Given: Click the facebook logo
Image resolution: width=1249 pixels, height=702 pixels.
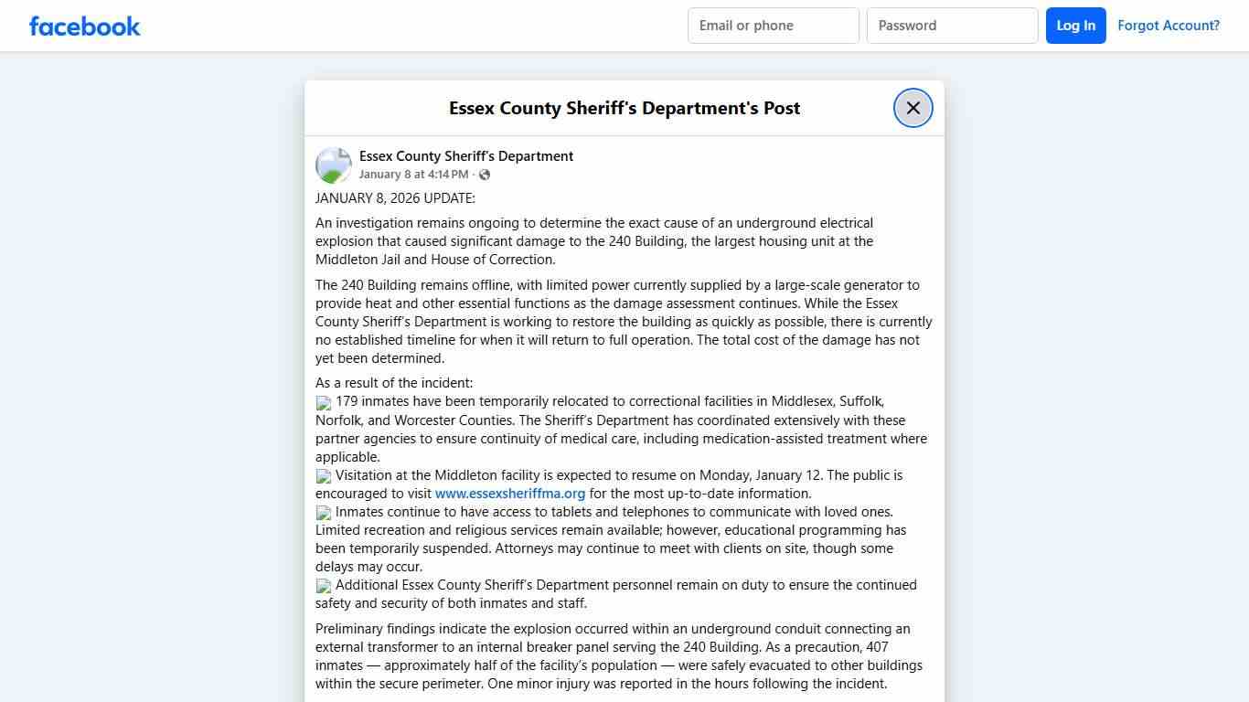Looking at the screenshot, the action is coord(85,26).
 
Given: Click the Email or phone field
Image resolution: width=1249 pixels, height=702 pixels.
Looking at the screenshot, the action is coord(773,26).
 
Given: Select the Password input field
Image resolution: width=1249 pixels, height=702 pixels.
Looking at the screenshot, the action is coord(952,26).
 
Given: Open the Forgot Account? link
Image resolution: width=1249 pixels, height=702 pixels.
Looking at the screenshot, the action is coord(1169,26).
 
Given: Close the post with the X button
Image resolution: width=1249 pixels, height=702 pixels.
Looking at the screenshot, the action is coord(913,108).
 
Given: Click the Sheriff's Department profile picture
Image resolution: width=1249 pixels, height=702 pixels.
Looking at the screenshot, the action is coord(334,165).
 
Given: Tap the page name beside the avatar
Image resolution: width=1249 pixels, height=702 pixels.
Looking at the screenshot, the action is coord(466,156).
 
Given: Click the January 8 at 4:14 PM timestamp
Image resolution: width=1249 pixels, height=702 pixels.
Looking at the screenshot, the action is coord(413,175).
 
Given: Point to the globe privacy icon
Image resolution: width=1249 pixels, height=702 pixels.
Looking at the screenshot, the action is coord(485,175).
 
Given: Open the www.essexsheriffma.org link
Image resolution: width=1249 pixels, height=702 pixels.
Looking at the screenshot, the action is coord(510,494).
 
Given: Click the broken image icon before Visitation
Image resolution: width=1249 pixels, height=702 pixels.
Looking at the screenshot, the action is coord(324,476).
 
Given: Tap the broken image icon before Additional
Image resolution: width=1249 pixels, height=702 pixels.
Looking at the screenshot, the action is coord(324,586).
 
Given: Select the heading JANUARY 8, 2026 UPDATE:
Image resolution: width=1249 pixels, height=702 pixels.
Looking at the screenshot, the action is coord(395,198).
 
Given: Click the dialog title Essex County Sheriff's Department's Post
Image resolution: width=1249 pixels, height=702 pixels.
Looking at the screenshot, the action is coord(624,108).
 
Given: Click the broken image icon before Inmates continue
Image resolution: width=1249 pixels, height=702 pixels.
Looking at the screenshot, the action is coord(324,513).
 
